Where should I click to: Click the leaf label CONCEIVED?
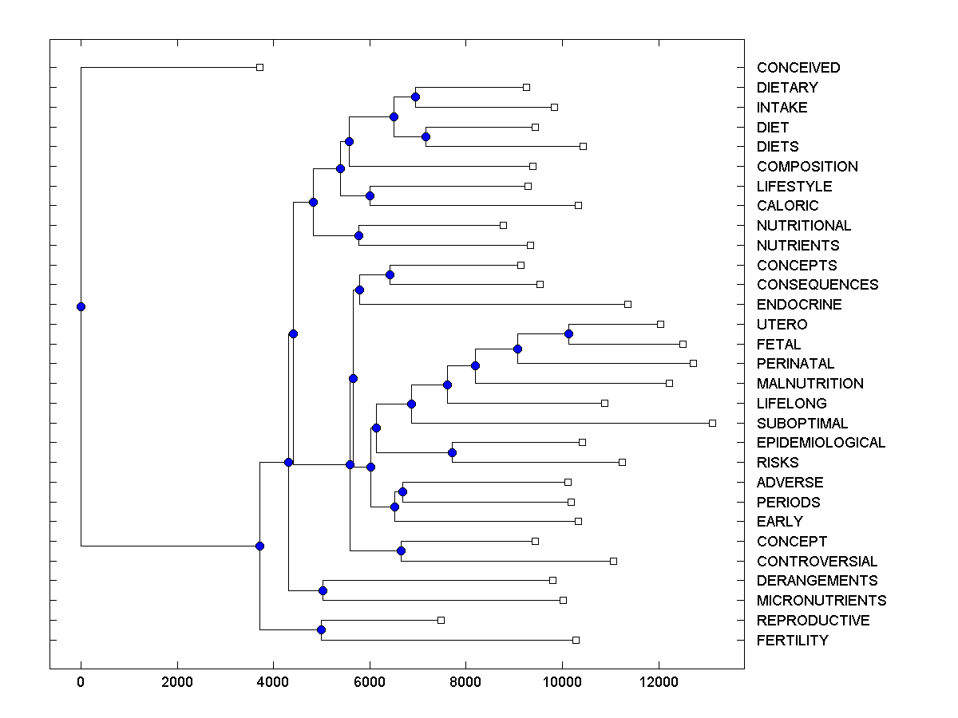coord(798,68)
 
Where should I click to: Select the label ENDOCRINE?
coord(799,305)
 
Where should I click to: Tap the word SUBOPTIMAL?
coord(802,424)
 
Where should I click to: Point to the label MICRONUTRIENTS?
coord(821,601)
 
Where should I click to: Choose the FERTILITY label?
coord(792,641)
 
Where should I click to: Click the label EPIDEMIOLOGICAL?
coord(821,443)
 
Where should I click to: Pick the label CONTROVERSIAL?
coord(817,562)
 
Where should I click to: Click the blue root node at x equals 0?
coord(81,306)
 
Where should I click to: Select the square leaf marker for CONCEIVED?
coord(259,68)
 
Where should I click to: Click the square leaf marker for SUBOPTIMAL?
coord(712,423)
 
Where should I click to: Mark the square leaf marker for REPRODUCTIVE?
coord(441,620)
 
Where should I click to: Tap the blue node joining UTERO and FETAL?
coord(568,333)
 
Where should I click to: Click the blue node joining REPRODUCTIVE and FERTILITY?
coord(321,630)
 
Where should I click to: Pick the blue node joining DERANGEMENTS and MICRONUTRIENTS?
coord(323,590)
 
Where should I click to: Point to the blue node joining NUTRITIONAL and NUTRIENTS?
coord(358,235)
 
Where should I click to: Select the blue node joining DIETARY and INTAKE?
coord(415,97)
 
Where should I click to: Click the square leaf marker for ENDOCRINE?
coord(627,304)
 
